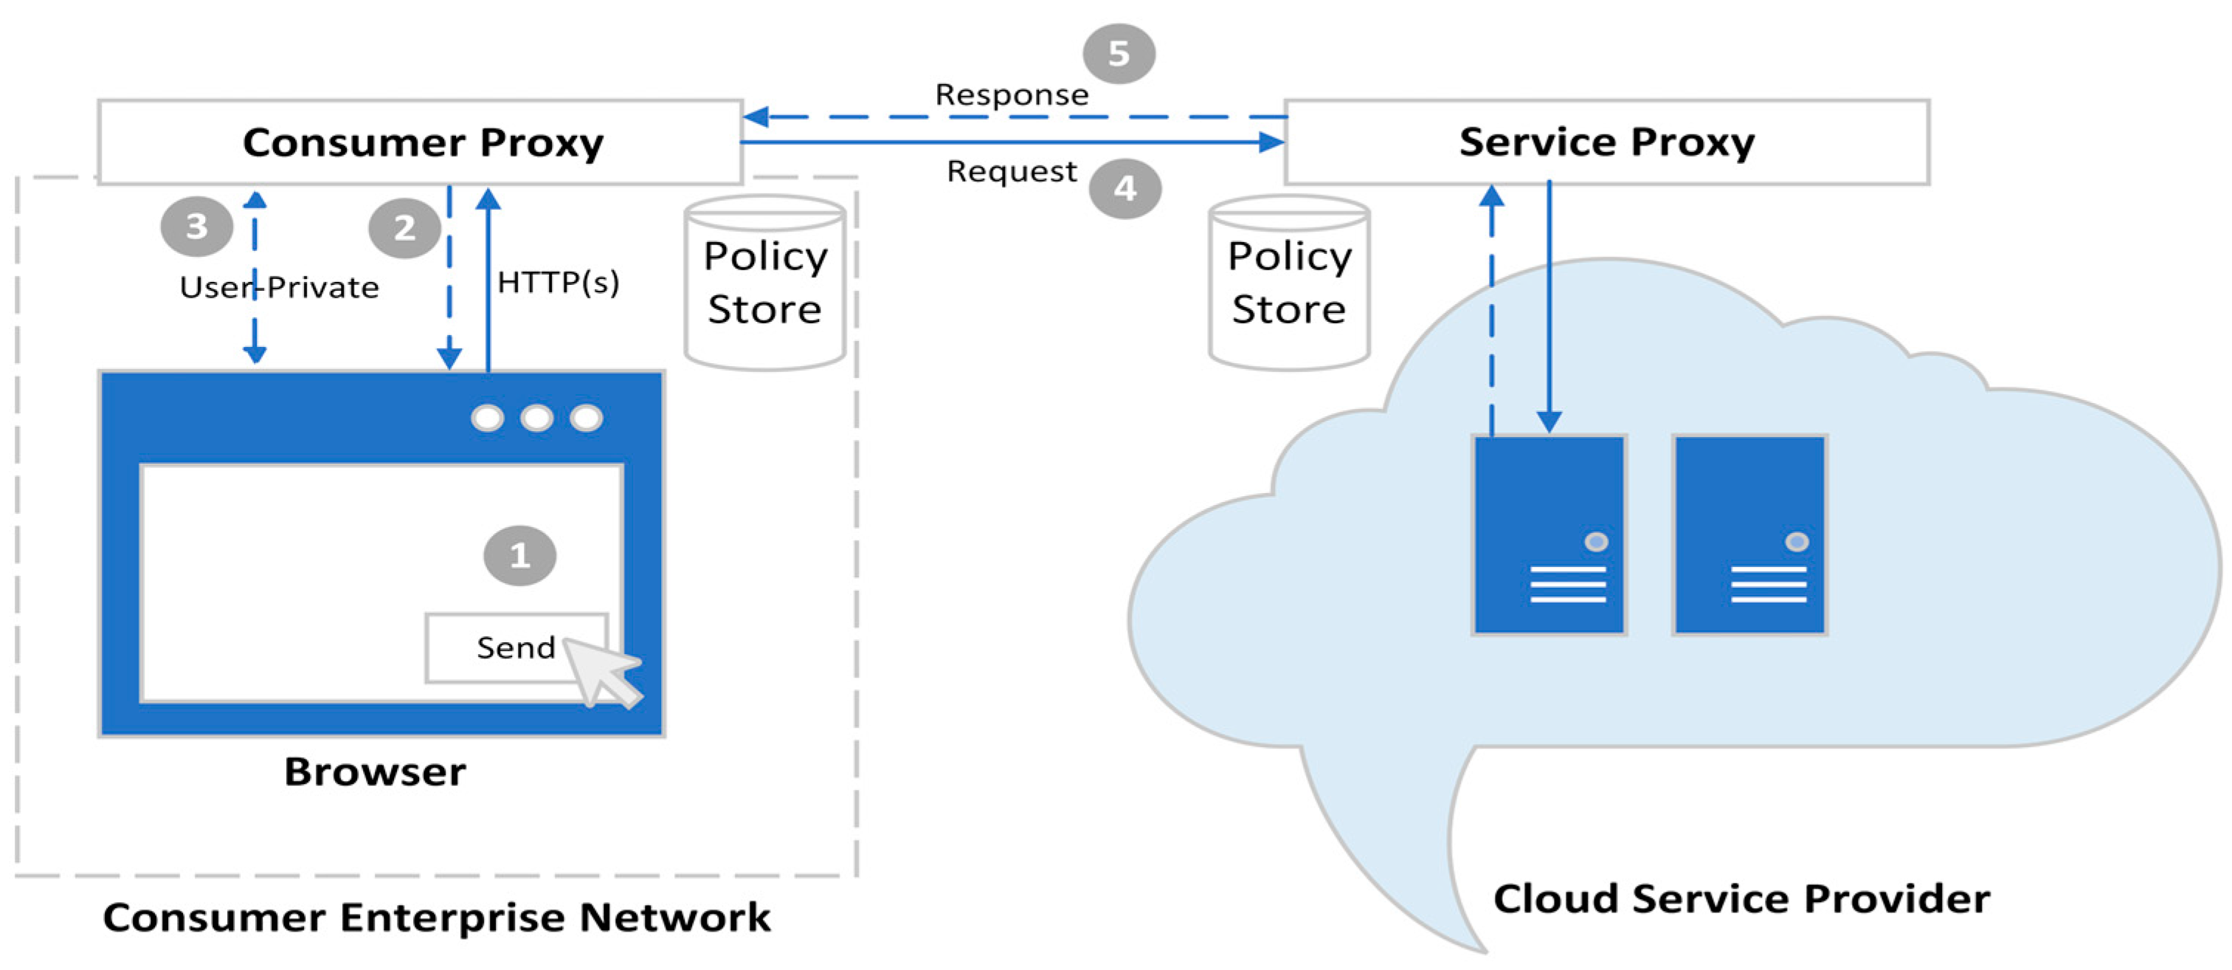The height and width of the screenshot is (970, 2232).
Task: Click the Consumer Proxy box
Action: pos(421,142)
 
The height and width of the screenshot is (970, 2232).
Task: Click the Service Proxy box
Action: pos(1606,142)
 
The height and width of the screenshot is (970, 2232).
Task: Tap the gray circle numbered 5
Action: pos(1118,54)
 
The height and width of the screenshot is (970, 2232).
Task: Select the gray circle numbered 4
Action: pos(1124,188)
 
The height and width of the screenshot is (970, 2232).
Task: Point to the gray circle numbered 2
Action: pos(404,229)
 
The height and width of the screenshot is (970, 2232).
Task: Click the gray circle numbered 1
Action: pos(519,556)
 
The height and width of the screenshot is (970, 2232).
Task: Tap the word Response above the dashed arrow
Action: pos(1011,94)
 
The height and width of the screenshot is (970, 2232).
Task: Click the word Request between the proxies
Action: pos(1011,172)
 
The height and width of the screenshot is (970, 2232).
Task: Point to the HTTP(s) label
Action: pos(558,283)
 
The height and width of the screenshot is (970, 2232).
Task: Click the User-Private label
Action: pos(279,288)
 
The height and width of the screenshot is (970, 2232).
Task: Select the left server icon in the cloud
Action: pos(1548,535)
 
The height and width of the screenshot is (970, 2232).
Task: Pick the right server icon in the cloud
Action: pos(1749,535)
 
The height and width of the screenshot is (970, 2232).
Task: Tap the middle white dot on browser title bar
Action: pos(536,418)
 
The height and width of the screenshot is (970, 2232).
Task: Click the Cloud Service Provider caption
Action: pos(1741,899)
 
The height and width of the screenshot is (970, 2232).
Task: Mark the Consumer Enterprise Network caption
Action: pos(436,917)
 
